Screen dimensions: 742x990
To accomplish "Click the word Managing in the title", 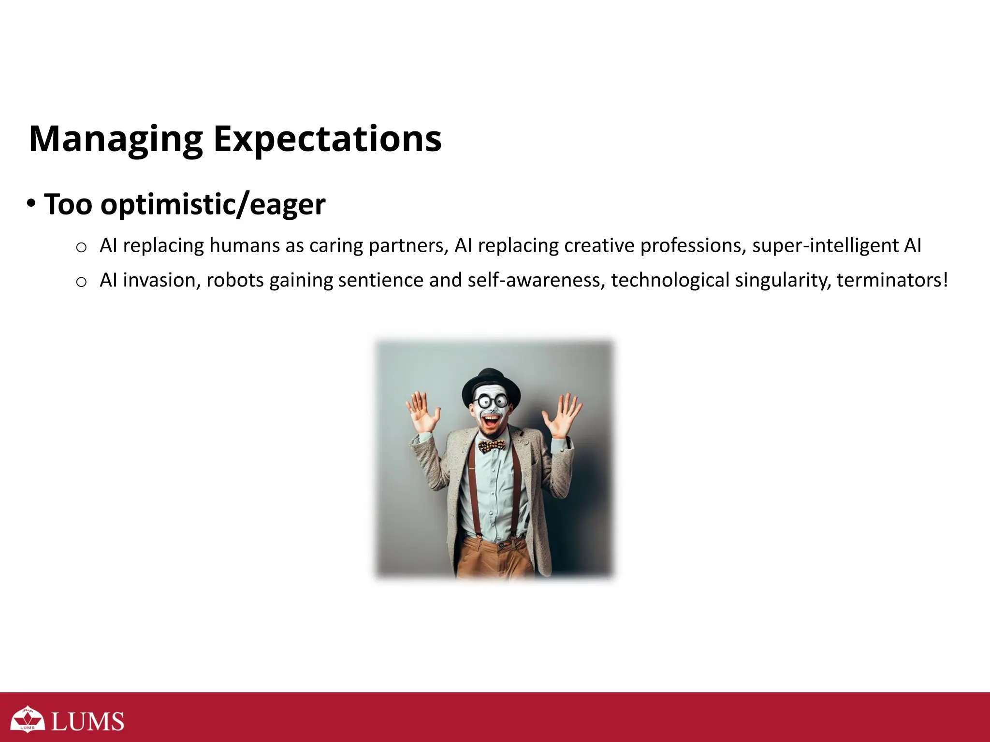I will (x=116, y=139).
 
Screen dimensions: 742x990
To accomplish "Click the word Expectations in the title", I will (x=327, y=139).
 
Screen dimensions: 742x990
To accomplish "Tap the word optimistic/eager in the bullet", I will (x=213, y=205).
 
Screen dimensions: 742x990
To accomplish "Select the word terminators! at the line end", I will (x=892, y=280).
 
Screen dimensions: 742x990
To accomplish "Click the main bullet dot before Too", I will (x=31, y=204).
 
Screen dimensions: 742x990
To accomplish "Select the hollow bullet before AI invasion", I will (x=81, y=282).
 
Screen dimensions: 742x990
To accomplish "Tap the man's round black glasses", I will (x=491, y=401).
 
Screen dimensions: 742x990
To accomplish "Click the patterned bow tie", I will (x=492, y=445).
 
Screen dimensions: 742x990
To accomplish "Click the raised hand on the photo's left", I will (x=422, y=412).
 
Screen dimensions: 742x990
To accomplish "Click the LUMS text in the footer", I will (x=87, y=722).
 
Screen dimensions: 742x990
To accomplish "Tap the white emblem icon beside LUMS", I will (x=28, y=719).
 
